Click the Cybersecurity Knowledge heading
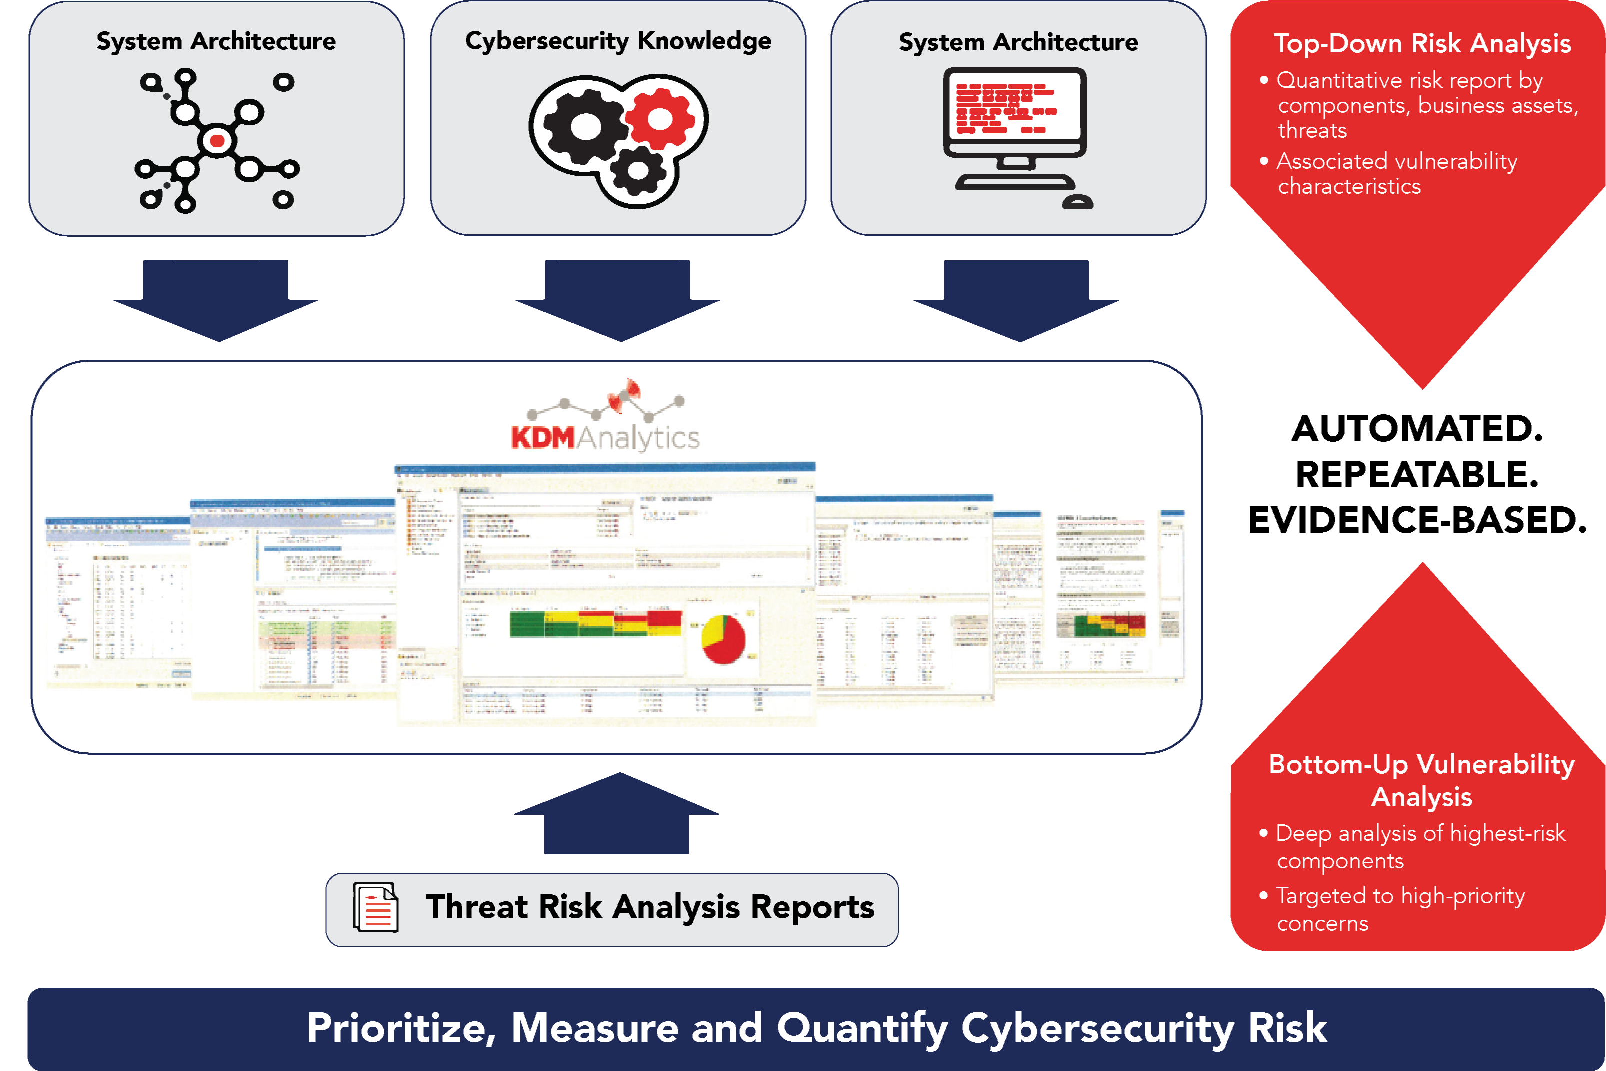(618, 41)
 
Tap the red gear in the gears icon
(659, 119)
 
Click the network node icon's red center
(217, 141)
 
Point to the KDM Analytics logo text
(605, 437)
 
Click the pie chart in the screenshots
(723, 638)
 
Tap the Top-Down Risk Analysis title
(1422, 44)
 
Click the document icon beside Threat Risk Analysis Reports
(375, 907)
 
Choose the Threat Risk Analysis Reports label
(649, 907)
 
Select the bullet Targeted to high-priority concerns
(1398, 909)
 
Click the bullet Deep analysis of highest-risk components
(1418, 847)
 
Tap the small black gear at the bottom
(638, 171)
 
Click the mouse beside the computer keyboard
(1078, 202)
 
